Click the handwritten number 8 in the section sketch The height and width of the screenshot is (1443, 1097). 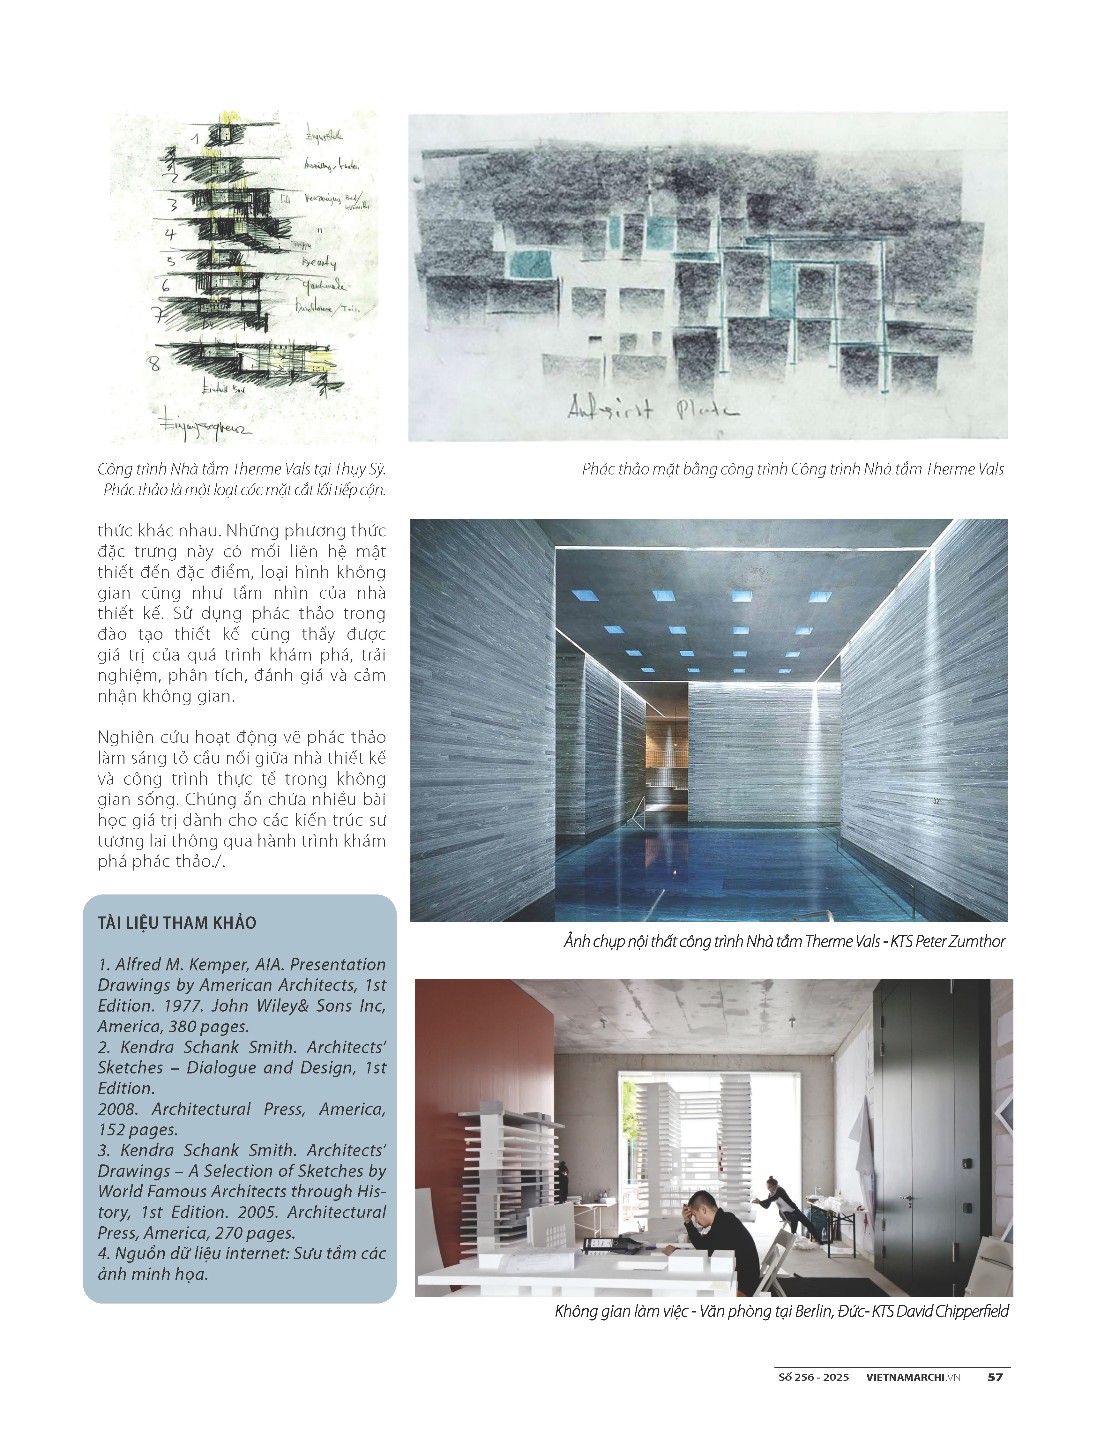coord(154,363)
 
